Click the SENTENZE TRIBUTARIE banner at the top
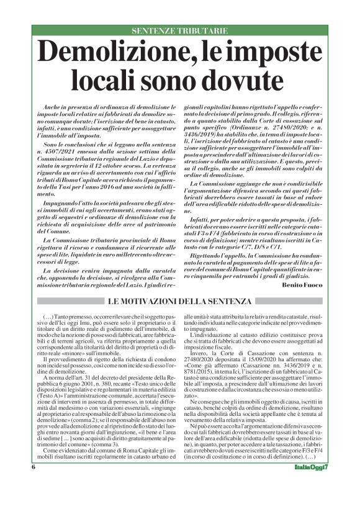point(179,30)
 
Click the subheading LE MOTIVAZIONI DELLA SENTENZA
point(179,301)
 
